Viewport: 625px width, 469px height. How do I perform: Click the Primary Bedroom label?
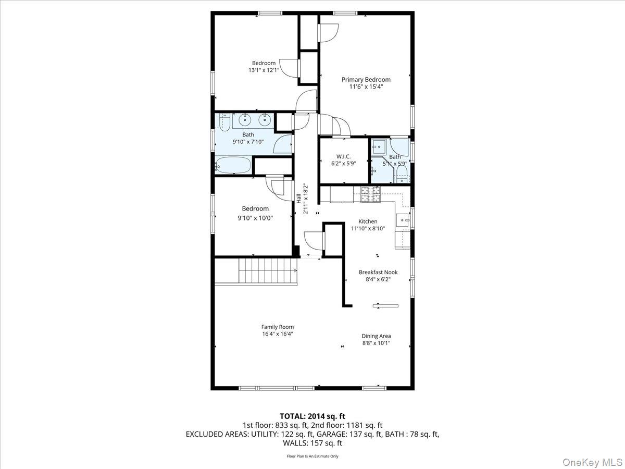point(366,80)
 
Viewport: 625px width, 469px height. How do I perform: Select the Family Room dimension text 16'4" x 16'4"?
point(277,334)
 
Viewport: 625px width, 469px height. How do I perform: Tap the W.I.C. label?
point(343,156)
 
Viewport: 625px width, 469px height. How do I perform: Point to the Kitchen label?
point(367,221)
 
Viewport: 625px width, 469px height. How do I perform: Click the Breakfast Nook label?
point(378,272)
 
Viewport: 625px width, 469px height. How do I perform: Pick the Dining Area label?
point(376,336)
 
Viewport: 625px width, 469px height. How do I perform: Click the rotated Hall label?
point(299,199)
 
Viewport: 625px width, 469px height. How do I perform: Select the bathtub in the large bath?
point(233,166)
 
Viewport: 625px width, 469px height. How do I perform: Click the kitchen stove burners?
point(371,194)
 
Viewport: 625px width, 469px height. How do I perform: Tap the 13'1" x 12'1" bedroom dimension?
point(264,70)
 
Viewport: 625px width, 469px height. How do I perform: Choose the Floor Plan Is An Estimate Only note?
point(312,456)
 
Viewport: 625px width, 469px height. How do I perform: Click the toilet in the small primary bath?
point(402,172)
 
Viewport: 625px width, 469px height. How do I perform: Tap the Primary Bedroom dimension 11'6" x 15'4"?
point(366,87)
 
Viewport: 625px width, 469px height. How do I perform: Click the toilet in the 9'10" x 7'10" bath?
point(224,122)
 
